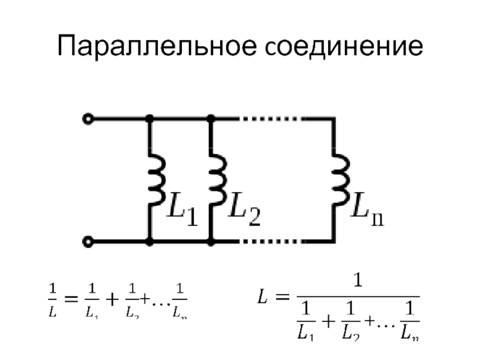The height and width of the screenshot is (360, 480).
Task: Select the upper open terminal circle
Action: [x=88, y=119]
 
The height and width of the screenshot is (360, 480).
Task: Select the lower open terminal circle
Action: [x=88, y=242]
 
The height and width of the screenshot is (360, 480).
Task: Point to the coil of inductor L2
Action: [x=218, y=179]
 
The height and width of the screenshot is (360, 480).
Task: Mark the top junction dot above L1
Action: [x=150, y=119]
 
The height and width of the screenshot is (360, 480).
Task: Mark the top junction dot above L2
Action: [x=211, y=119]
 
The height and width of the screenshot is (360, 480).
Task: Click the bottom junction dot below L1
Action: [x=150, y=242]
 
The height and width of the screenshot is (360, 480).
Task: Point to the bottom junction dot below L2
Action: [x=211, y=242]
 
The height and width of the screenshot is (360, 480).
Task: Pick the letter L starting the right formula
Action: [x=263, y=296]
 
